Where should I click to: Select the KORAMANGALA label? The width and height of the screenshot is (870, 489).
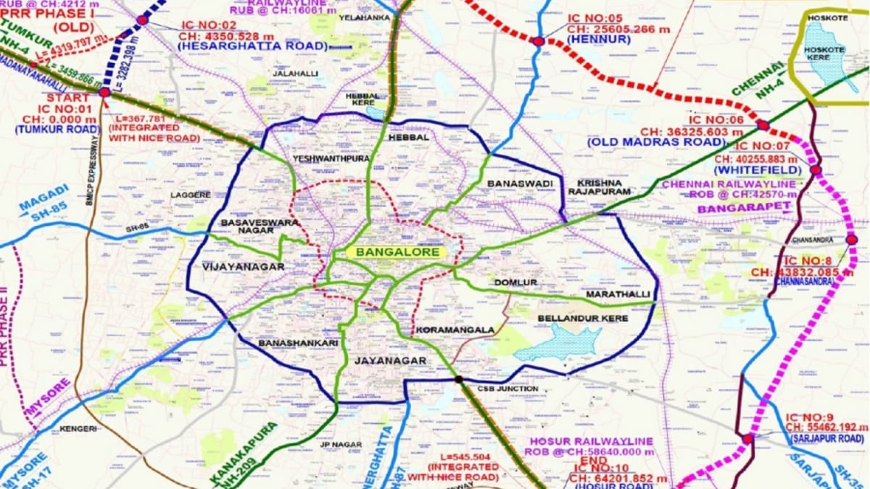tap(455, 330)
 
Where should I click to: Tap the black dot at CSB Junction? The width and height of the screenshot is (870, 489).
tap(458, 379)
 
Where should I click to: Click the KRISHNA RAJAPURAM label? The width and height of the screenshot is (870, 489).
tap(604, 187)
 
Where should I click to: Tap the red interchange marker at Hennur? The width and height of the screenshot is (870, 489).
tap(538, 41)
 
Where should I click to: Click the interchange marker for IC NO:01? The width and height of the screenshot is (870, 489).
tap(104, 92)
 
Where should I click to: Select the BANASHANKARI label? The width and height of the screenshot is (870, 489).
tap(286, 342)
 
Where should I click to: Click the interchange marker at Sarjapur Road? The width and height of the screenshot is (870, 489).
tap(747, 439)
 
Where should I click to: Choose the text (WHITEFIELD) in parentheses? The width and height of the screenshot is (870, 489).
tap(757, 170)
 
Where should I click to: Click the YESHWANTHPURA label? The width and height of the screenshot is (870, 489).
tap(331, 159)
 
